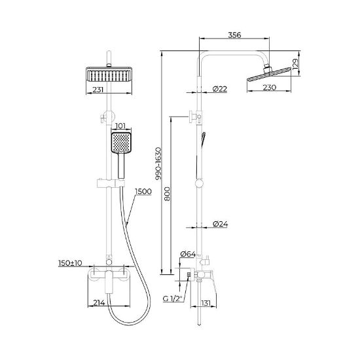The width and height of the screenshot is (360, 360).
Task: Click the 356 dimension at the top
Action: (x=234, y=35)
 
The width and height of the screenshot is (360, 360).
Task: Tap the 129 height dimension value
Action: (x=295, y=64)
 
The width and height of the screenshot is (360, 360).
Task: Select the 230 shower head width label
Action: (x=270, y=88)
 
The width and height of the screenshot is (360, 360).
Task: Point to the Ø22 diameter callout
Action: (x=220, y=89)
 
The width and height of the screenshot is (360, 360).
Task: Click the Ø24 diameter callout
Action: (x=220, y=224)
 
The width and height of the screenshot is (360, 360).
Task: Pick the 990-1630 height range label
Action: (x=158, y=163)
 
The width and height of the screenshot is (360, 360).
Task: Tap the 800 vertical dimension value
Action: (x=168, y=194)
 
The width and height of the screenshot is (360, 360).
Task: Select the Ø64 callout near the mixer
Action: (x=188, y=254)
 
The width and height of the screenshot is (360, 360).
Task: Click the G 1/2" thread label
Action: (x=172, y=298)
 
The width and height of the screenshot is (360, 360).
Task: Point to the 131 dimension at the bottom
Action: (x=206, y=303)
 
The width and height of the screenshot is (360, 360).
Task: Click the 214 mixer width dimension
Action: (x=99, y=303)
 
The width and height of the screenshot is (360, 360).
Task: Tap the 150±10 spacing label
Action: (x=70, y=263)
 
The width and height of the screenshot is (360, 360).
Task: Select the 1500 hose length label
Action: (x=143, y=192)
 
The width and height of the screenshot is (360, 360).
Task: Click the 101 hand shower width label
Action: (x=120, y=126)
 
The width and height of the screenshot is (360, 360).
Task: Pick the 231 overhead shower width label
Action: (x=98, y=90)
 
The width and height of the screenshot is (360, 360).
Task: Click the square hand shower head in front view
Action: (x=121, y=143)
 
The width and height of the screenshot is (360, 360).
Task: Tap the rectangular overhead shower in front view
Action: (x=109, y=75)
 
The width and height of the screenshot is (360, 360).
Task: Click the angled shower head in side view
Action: (x=269, y=75)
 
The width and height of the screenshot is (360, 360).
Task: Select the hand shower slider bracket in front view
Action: (x=111, y=183)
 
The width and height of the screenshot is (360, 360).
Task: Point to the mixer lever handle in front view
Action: (x=109, y=282)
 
